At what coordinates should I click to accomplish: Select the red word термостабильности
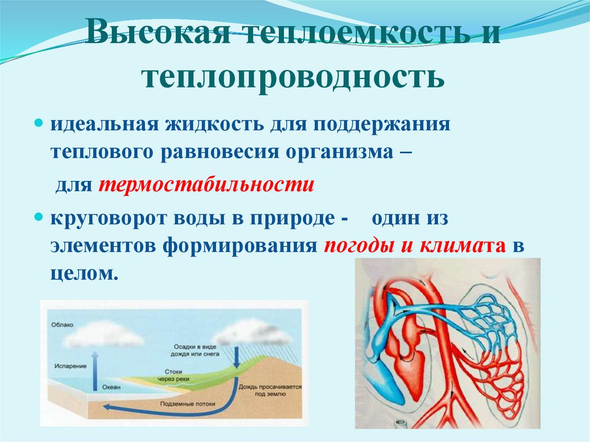[206, 186]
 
